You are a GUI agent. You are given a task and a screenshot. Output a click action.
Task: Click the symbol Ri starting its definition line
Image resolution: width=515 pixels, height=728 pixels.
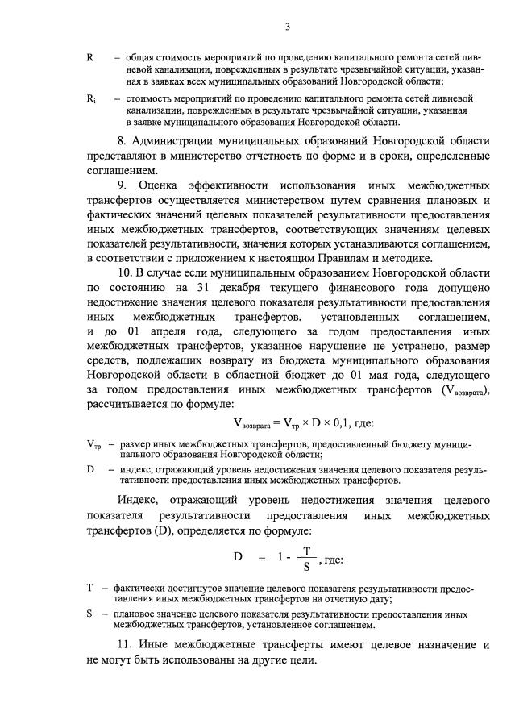[91, 98]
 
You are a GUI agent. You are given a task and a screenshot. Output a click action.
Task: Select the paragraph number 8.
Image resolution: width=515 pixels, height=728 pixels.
[121, 140]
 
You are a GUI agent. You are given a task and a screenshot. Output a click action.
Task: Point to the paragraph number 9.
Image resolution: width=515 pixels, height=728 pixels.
[122, 185]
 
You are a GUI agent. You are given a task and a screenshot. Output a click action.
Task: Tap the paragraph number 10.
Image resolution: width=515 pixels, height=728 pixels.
[124, 273]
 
